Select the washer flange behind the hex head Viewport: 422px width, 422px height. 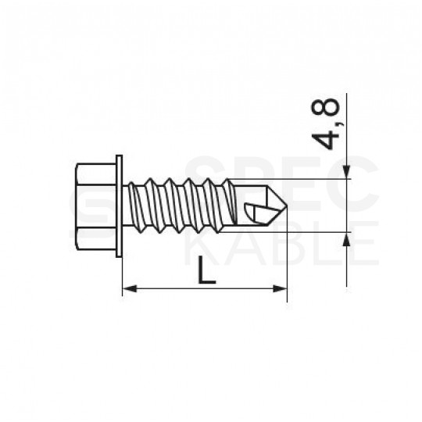tap(120, 206)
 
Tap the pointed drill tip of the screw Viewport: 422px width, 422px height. tap(283, 206)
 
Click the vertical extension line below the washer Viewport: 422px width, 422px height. tap(122, 274)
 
